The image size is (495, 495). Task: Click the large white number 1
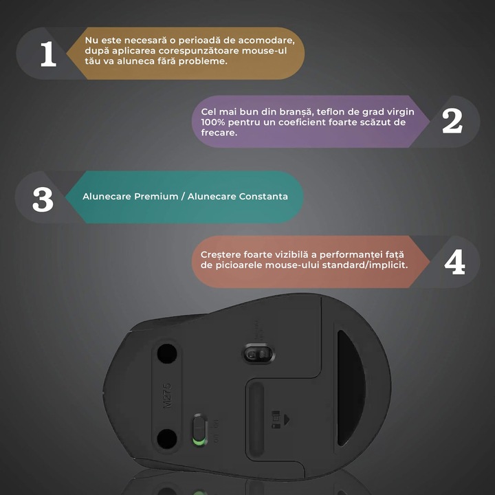tap(47, 54)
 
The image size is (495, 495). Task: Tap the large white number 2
tap(452, 121)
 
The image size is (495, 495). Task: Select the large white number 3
tap(43, 197)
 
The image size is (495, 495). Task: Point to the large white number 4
tap(454, 262)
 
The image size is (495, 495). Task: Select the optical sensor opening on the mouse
tap(258, 354)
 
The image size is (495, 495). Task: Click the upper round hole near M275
tap(165, 354)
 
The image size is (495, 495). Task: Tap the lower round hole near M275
tap(166, 437)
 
